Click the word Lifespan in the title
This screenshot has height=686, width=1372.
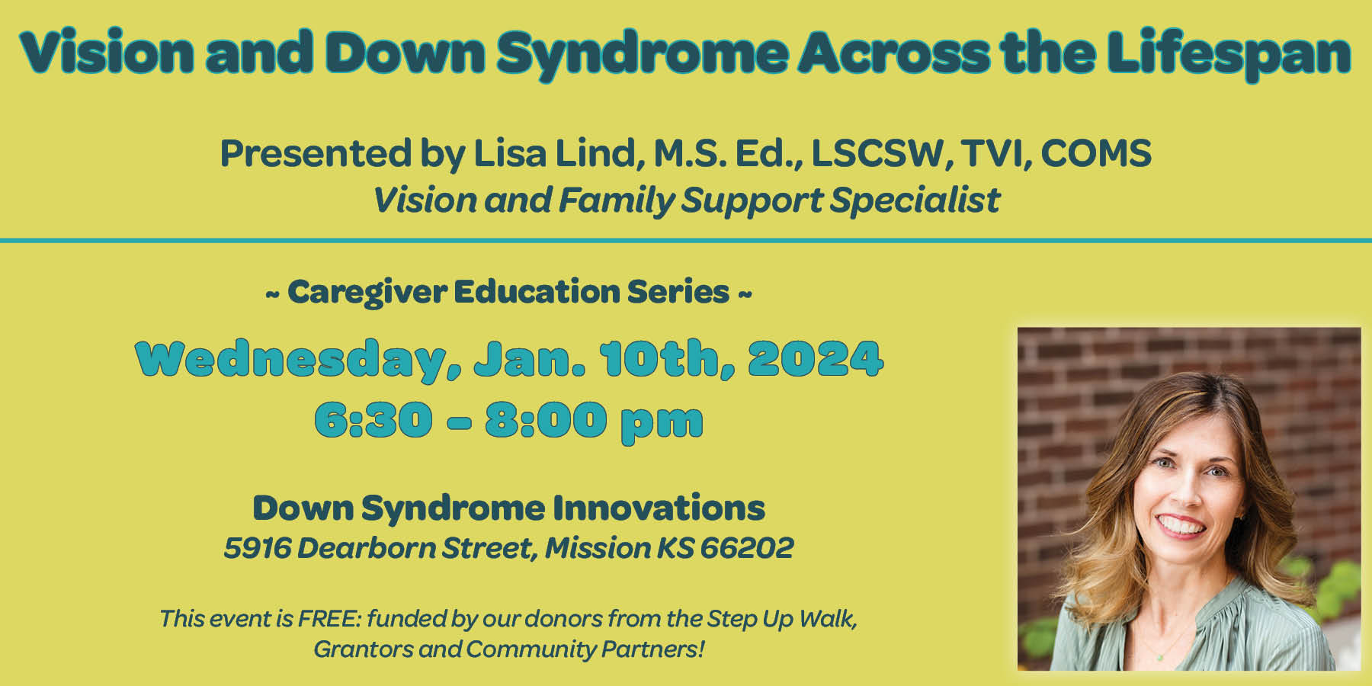pos(1229,53)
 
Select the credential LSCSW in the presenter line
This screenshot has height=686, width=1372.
pos(877,153)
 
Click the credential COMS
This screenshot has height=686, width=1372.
pos(1095,153)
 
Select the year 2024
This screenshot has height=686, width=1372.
pos(816,358)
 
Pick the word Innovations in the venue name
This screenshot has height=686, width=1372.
pos(659,508)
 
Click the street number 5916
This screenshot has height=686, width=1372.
pos(257,547)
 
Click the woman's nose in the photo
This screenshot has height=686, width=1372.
pos(1184,494)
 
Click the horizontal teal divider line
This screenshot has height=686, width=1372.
pos(686,241)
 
